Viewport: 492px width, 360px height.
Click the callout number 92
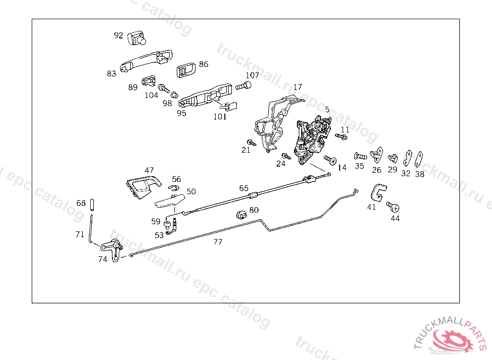tap(118, 35)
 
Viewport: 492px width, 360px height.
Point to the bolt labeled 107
tap(244, 87)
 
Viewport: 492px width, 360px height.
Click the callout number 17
tap(297, 87)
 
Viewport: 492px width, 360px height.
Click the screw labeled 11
tap(341, 137)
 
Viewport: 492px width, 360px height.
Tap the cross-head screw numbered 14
tap(330, 159)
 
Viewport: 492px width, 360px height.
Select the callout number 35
tap(359, 167)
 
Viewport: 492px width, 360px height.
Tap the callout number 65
tap(244, 188)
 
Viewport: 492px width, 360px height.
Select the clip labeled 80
tap(241, 214)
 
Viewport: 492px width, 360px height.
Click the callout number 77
tap(218, 242)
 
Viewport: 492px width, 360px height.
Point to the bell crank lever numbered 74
tap(114, 250)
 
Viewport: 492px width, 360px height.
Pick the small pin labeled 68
tap(91, 204)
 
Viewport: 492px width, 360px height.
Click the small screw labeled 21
tap(250, 143)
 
